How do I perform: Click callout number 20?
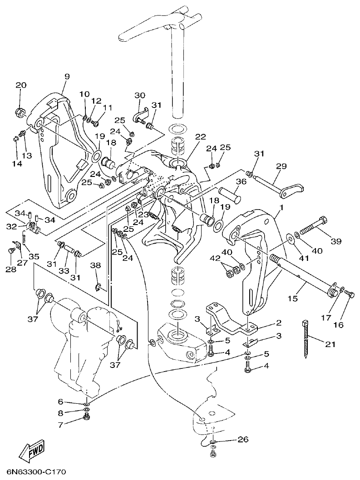tap(21, 85)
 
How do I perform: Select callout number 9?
tap(67, 77)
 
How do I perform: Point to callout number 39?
tap(335, 241)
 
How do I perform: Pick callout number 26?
tap(243, 439)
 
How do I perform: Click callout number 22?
tap(200, 137)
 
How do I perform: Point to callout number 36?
tap(241, 181)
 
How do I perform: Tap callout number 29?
tap(281, 167)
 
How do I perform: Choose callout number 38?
tap(95, 266)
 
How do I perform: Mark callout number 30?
tap(140, 95)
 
